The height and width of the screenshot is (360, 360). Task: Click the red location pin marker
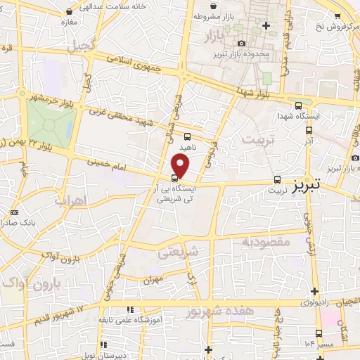(x=181, y=165)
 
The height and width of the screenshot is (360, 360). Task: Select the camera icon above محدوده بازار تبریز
(x=243, y=44)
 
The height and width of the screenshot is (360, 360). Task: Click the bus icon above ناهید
(x=186, y=136)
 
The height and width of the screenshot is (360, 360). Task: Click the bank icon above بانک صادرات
(x=15, y=213)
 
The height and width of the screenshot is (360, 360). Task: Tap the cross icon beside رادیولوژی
(x=314, y=291)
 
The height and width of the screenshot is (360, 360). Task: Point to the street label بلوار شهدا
(x=250, y=92)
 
